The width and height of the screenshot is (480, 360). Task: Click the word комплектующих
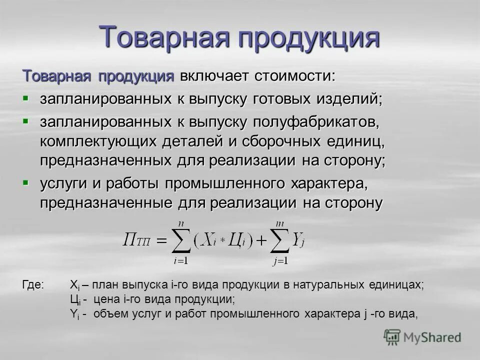(98, 141)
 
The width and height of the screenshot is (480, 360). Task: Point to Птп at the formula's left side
(136, 241)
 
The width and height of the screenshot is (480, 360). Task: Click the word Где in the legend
(33, 285)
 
